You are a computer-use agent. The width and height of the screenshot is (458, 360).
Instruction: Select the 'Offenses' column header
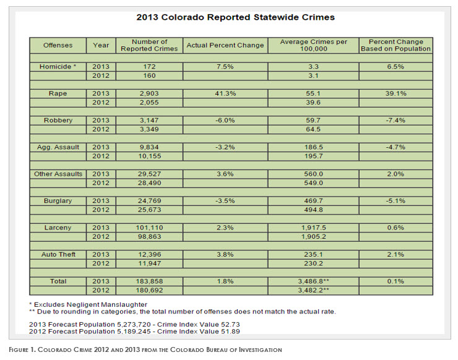[58, 45]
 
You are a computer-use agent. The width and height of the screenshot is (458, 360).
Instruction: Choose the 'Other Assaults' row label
[58, 174]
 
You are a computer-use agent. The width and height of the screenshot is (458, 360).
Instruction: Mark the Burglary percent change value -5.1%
[395, 200]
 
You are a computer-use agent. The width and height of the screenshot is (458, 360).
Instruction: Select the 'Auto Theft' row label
[58, 254]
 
